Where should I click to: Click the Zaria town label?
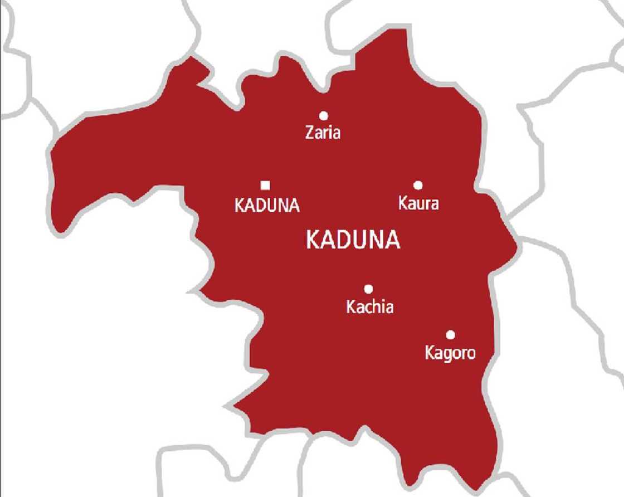pos(323,133)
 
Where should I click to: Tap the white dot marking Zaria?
pos(323,116)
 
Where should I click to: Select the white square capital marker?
pos(266,186)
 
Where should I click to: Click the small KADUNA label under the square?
pos(267,206)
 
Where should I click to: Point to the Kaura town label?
pos(418,203)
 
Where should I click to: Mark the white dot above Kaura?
pos(418,186)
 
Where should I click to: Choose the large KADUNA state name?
pos(353,240)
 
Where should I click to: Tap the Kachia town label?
pos(369,307)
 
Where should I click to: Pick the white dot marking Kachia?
pos(368,289)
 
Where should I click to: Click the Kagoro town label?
pos(450,353)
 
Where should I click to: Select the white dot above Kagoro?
pos(450,335)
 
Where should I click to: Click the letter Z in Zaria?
pos(310,133)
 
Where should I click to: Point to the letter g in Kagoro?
pos(446,354)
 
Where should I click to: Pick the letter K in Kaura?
pos(403,203)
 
